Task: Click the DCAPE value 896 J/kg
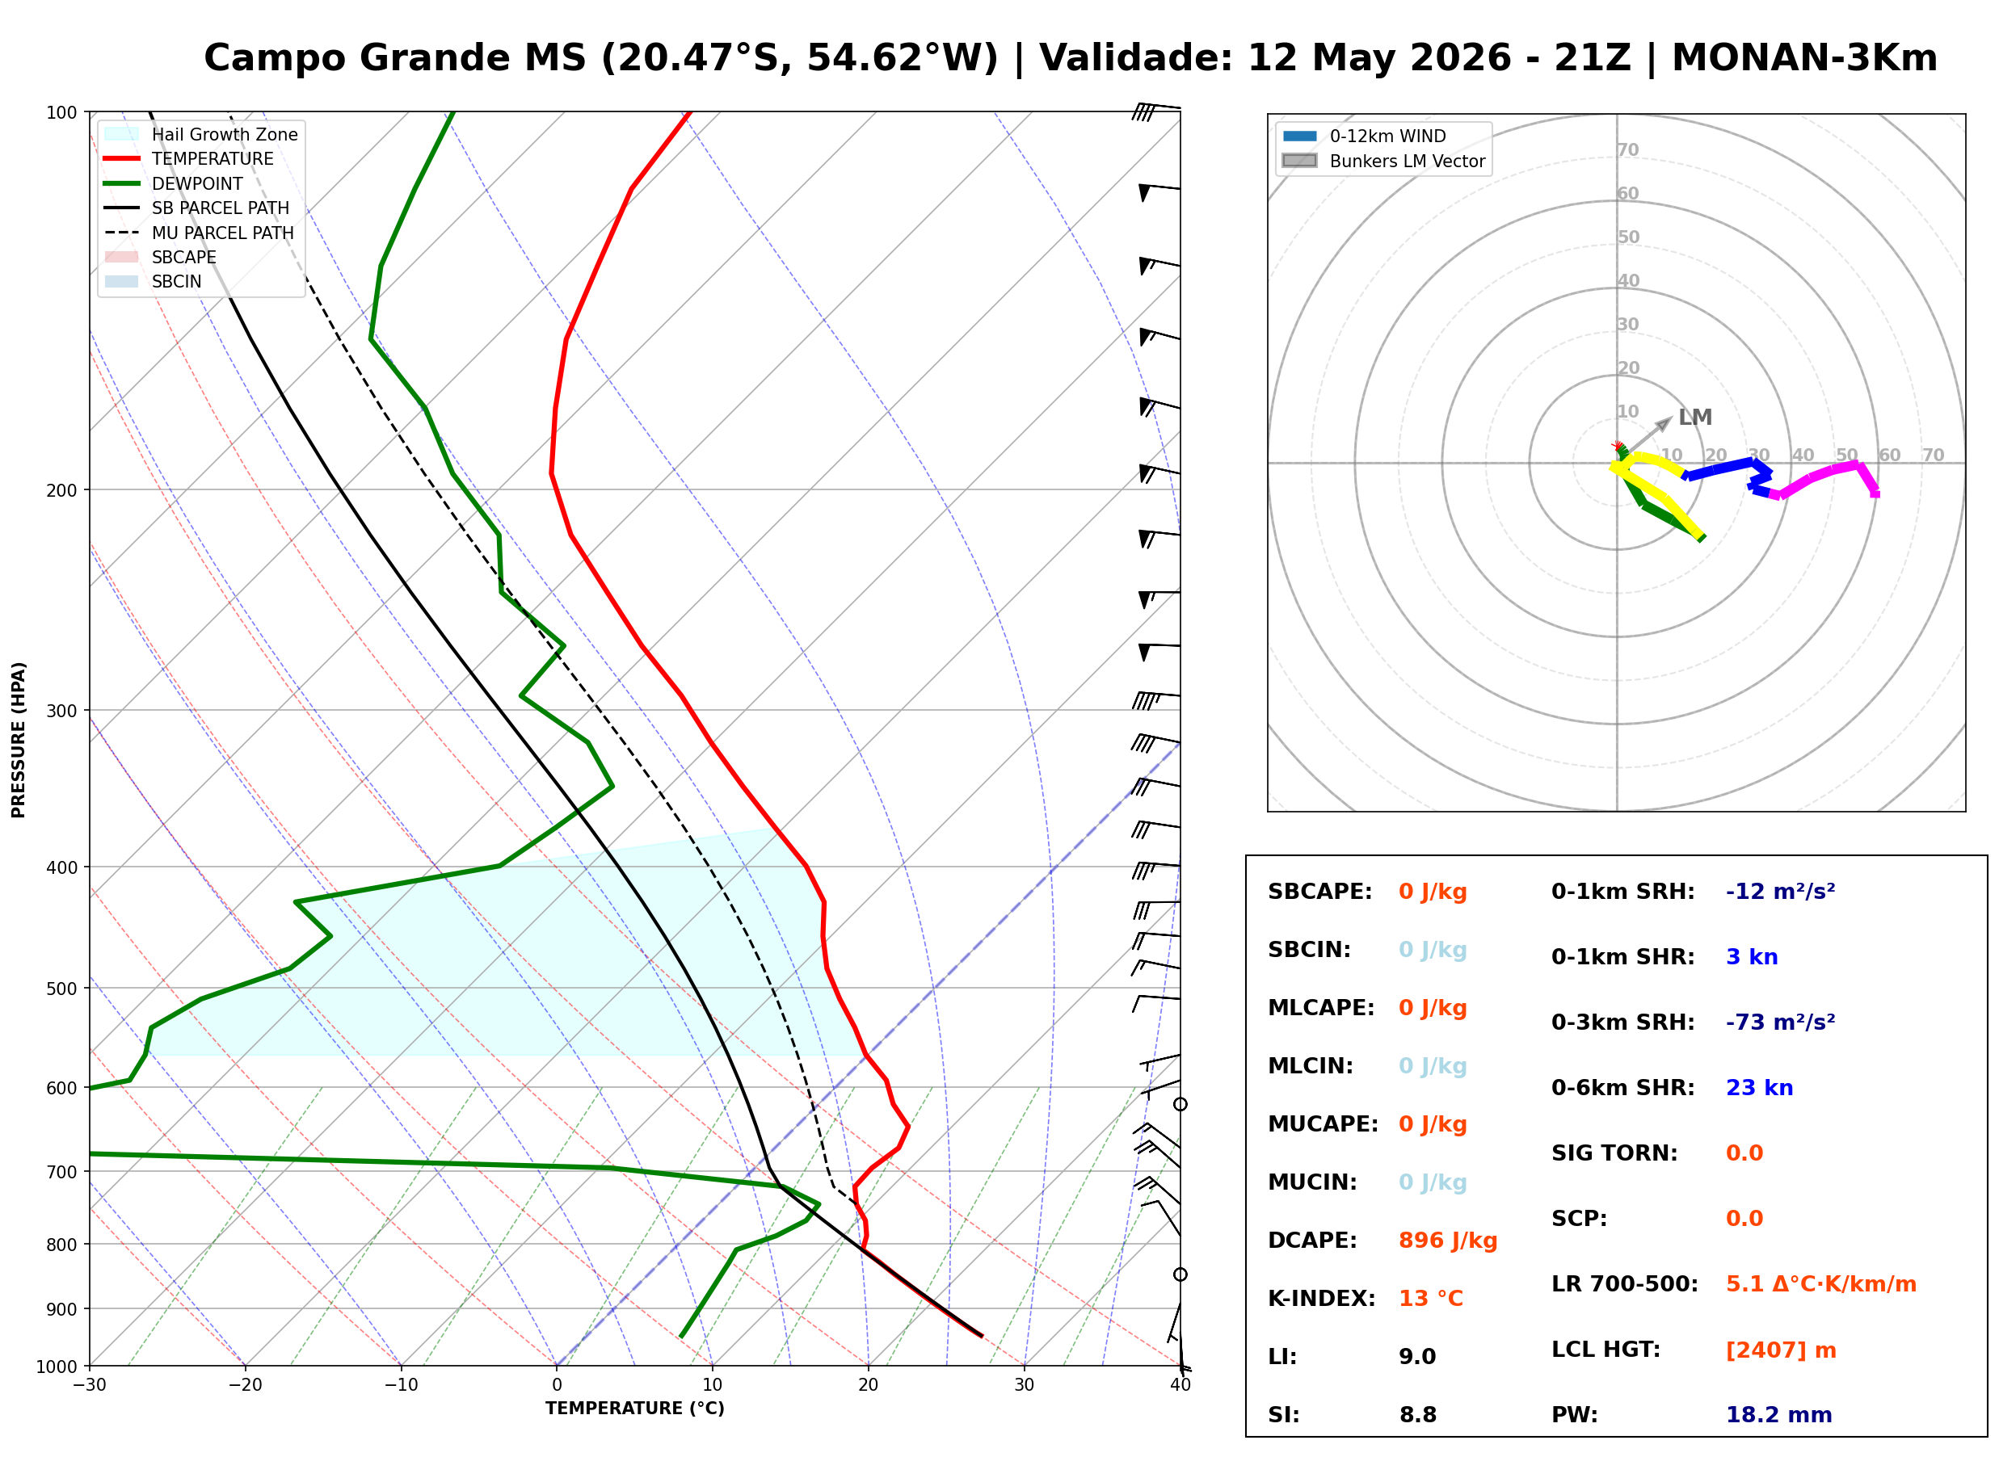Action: click(x=1448, y=1241)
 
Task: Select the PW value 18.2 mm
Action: click(x=1779, y=1415)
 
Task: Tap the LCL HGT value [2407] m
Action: click(x=1781, y=1350)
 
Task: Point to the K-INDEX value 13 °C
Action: click(x=1431, y=1299)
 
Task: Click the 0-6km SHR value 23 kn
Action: click(x=1759, y=1088)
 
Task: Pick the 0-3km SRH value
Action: click(x=1780, y=1022)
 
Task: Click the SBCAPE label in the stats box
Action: click(x=1319, y=892)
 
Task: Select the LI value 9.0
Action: click(x=1417, y=1357)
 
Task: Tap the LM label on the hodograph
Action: click(x=1694, y=418)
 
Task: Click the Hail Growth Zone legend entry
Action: click(x=201, y=134)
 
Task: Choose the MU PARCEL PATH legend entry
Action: click(x=200, y=233)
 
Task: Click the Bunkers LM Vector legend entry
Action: click(x=1383, y=161)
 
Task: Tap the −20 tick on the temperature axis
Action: click(x=244, y=1385)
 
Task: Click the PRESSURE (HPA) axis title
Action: click(x=19, y=740)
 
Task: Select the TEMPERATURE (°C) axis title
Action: click(x=635, y=1409)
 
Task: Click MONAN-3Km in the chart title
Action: click(x=1804, y=58)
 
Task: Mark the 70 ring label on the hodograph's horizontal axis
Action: click(x=1933, y=455)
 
